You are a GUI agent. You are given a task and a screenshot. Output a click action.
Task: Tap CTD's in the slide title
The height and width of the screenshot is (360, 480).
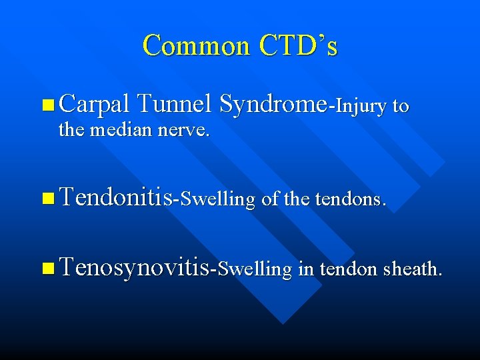click(x=299, y=45)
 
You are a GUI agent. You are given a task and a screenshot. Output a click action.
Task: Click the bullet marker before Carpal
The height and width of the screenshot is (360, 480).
click(x=47, y=105)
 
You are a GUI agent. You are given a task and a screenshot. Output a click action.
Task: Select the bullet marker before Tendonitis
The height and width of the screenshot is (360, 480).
click(x=47, y=197)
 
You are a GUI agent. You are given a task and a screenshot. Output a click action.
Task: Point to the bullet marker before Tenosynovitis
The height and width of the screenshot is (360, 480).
click(x=47, y=269)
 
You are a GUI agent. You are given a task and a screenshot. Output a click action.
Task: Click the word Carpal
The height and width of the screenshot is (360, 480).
click(x=94, y=105)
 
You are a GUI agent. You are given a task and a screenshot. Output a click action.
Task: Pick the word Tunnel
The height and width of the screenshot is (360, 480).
click(x=174, y=104)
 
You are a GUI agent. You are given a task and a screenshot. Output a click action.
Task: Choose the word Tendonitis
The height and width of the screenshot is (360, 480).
click(x=115, y=197)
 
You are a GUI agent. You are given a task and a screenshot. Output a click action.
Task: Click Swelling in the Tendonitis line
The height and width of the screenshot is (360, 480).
click(x=217, y=199)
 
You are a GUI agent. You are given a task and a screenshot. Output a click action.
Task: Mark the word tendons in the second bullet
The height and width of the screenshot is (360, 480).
click(x=350, y=198)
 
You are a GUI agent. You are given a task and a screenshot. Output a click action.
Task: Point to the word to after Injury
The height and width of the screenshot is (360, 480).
click(x=401, y=106)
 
